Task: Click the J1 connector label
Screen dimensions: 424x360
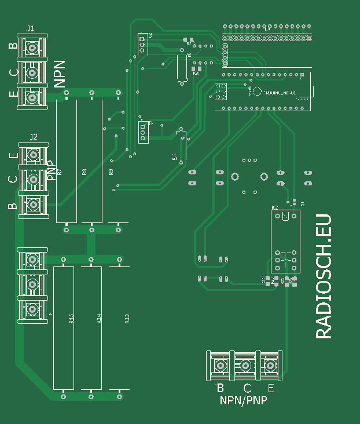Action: click(30, 28)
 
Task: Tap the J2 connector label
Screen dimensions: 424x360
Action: click(34, 137)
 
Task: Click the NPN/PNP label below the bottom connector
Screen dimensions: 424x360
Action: click(243, 400)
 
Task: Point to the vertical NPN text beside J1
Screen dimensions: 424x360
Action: click(60, 74)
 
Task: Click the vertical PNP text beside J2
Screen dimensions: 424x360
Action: click(50, 170)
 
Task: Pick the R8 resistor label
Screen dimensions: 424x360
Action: click(85, 172)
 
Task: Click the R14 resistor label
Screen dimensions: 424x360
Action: click(99, 319)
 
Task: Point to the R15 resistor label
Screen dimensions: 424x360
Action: click(71, 319)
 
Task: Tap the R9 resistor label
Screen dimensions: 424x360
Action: click(111, 172)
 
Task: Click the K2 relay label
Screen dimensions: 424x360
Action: click(274, 207)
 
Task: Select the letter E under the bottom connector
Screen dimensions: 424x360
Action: click(271, 388)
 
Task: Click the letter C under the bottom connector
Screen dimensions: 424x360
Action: click(247, 388)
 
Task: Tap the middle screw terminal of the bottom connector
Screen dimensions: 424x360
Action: click(245, 366)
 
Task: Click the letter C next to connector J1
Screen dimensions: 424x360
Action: click(13, 73)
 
